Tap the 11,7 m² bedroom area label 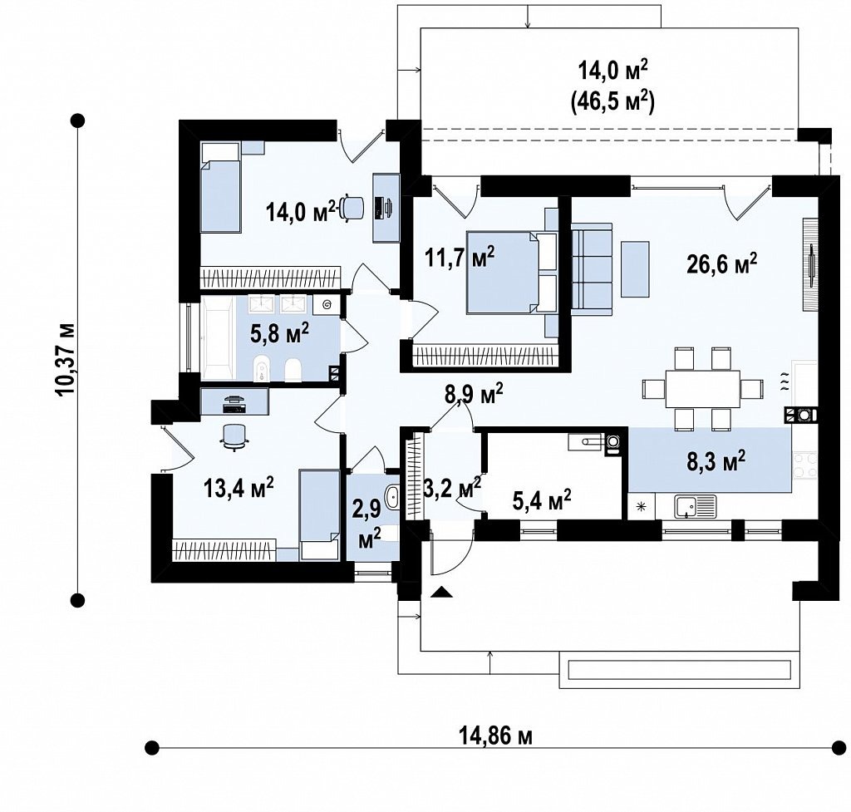pyautogui.click(x=459, y=256)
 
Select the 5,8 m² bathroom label pyautogui.click(x=279, y=332)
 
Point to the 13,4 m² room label pyautogui.click(x=239, y=486)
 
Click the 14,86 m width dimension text pyautogui.click(x=496, y=736)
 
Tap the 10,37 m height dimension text pyautogui.click(x=66, y=359)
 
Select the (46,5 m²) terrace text pyautogui.click(x=612, y=101)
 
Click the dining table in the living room pyautogui.click(x=703, y=389)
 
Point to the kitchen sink pyautogui.click(x=696, y=507)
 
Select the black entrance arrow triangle pyautogui.click(x=442, y=593)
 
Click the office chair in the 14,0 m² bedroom pyautogui.click(x=352, y=209)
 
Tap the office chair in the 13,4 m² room pyautogui.click(x=234, y=436)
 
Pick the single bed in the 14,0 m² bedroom pyautogui.click(x=220, y=188)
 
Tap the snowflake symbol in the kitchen pyautogui.click(x=641, y=508)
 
